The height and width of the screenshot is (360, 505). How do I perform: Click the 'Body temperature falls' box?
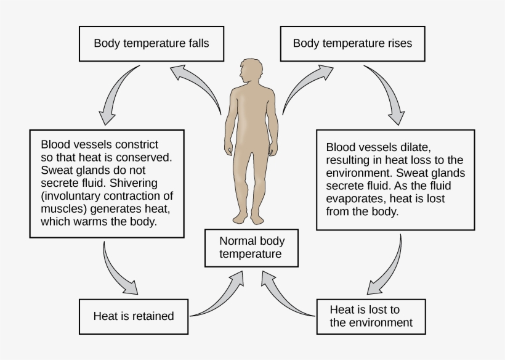pyautogui.click(x=151, y=43)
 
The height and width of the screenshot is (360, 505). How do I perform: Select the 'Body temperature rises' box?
pyautogui.click(x=352, y=43)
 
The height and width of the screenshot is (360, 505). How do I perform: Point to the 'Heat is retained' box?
pyautogui.click(x=134, y=316)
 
